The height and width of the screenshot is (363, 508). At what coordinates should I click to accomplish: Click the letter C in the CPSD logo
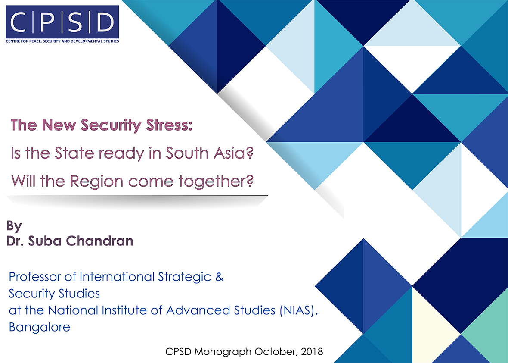point(18,22)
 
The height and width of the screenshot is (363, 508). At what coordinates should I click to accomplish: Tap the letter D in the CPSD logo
point(105,22)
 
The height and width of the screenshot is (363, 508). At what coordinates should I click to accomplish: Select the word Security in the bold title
point(111,125)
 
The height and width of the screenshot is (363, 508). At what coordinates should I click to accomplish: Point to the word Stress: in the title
point(169,125)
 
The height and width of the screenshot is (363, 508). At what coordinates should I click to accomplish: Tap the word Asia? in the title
point(233,153)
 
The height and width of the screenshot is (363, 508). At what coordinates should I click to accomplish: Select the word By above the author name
point(14,226)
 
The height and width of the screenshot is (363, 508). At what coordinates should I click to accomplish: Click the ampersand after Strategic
point(219,277)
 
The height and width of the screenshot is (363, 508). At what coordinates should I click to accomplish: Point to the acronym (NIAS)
point(299,310)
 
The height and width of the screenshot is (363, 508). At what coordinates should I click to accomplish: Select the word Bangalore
point(40,327)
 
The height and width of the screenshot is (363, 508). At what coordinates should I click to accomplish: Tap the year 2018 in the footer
point(312,352)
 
